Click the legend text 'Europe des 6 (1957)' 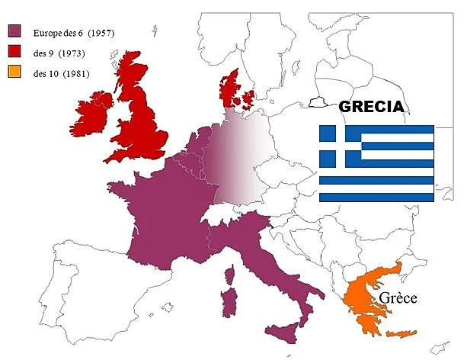pyautogui.click(x=73, y=32)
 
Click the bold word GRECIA pyautogui.click(x=371, y=107)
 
